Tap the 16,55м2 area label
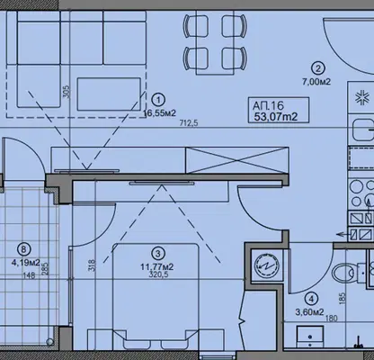pos(160,112)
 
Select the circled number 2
pos(317,68)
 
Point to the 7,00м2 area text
pos(316,82)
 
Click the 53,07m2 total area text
pos(276,116)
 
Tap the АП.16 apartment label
pos(268,105)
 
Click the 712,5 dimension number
pos(189,123)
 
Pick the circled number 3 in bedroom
pos(158,254)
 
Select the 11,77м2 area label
pos(157,266)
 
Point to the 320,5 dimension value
pos(158,274)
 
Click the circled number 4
pos(312,299)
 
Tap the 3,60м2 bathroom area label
pos(310,312)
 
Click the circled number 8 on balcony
pos(24,249)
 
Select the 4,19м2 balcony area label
pos(26,263)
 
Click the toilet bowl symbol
pos(344,273)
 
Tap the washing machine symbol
pos(266,265)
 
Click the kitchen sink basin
pos(363,130)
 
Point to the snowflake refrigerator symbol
pos(361,99)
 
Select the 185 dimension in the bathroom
pos(343,299)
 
